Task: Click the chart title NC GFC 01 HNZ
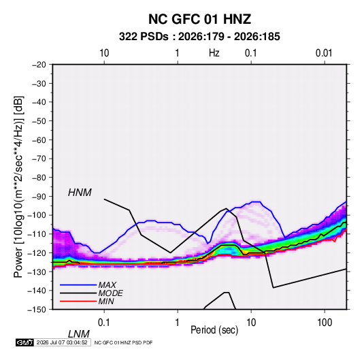[x=199, y=19]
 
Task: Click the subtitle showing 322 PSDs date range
[x=199, y=37]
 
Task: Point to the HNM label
[x=80, y=193]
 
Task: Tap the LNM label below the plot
[x=79, y=334]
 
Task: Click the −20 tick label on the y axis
[x=39, y=65]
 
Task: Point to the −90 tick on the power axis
[x=39, y=197]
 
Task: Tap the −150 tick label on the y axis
[x=37, y=310]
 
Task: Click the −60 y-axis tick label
[x=39, y=140]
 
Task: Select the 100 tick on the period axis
[x=325, y=323]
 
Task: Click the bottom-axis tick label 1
[x=178, y=323]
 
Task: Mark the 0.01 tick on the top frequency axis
[x=324, y=53]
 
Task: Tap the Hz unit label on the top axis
[x=214, y=53]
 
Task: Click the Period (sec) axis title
[x=214, y=330]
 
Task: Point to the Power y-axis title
[x=18, y=186]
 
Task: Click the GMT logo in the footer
[x=25, y=342]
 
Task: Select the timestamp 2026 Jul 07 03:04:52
[x=62, y=342]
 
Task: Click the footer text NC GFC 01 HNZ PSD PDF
[x=124, y=342]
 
